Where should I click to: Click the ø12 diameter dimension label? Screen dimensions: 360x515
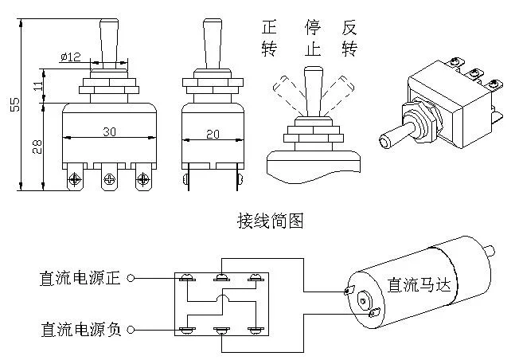(72, 57)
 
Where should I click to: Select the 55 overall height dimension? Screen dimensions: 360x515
(14, 104)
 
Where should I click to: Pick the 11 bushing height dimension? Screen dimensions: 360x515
(38, 86)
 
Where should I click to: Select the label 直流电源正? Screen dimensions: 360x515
(80, 279)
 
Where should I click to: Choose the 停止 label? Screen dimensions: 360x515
(312, 37)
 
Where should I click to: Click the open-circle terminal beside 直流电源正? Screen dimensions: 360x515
(131, 279)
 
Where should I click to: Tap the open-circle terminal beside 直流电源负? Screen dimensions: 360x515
(131, 328)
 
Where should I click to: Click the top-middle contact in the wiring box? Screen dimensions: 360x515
(220, 278)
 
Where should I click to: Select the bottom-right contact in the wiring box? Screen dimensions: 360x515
(255, 328)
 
